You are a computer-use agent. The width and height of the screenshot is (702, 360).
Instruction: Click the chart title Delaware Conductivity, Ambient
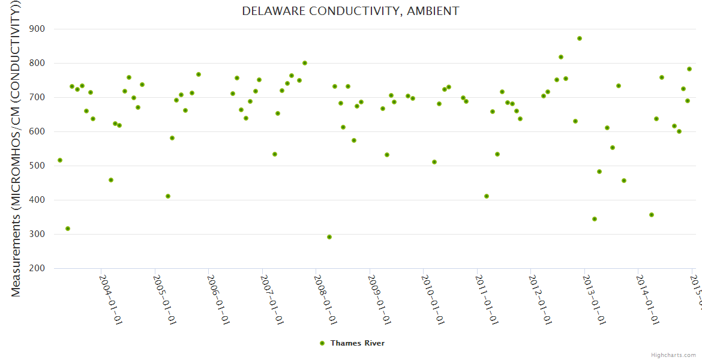tap(350, 11)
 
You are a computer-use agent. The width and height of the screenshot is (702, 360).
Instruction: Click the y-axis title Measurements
tap(16, 149)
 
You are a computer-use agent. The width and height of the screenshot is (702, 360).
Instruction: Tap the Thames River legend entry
tap(357, 343)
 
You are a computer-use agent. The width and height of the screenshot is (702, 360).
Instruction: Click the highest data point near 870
tap(580, 38)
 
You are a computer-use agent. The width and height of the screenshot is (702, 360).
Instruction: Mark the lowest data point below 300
tap(329, 237)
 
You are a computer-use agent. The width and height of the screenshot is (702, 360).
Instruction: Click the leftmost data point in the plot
tap(60, 160)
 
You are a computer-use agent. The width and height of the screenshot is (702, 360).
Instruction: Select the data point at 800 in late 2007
tap(305, 63)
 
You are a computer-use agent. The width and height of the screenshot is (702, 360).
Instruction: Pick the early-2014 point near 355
tap(652, 215)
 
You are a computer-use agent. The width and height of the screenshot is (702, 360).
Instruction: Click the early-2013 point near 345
tap(595, 219)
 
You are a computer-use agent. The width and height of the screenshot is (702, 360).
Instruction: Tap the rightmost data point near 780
tap(689, 69)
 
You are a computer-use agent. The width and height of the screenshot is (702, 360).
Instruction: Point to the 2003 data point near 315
tap(68, 229)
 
